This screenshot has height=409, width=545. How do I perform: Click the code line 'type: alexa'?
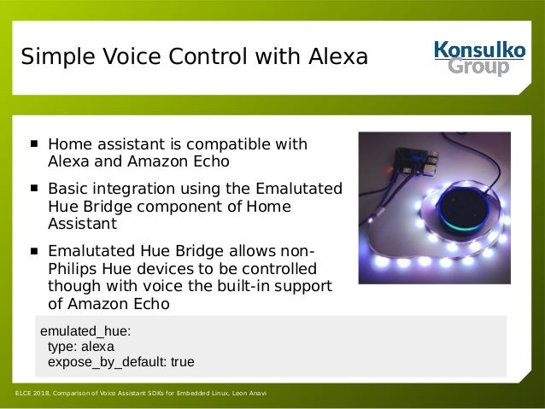(80, 347)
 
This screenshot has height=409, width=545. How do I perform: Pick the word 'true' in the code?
(182, 362)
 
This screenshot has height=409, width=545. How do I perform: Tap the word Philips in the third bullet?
(72, 268)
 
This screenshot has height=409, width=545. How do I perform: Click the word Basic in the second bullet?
(67, 189)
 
